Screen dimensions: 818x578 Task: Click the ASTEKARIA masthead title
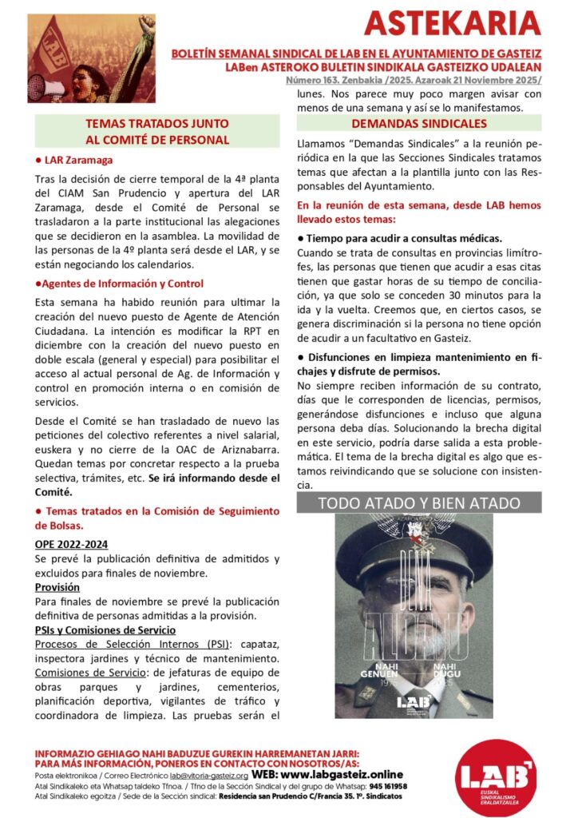[452, 24]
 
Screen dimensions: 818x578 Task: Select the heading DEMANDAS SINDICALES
[419, 124]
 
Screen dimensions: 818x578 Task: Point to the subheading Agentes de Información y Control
[119, 284]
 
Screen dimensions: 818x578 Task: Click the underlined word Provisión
[57, 587]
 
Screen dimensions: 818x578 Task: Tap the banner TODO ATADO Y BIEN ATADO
[419, 503]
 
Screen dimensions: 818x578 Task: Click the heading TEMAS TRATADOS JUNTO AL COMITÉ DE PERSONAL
[157, 132]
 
